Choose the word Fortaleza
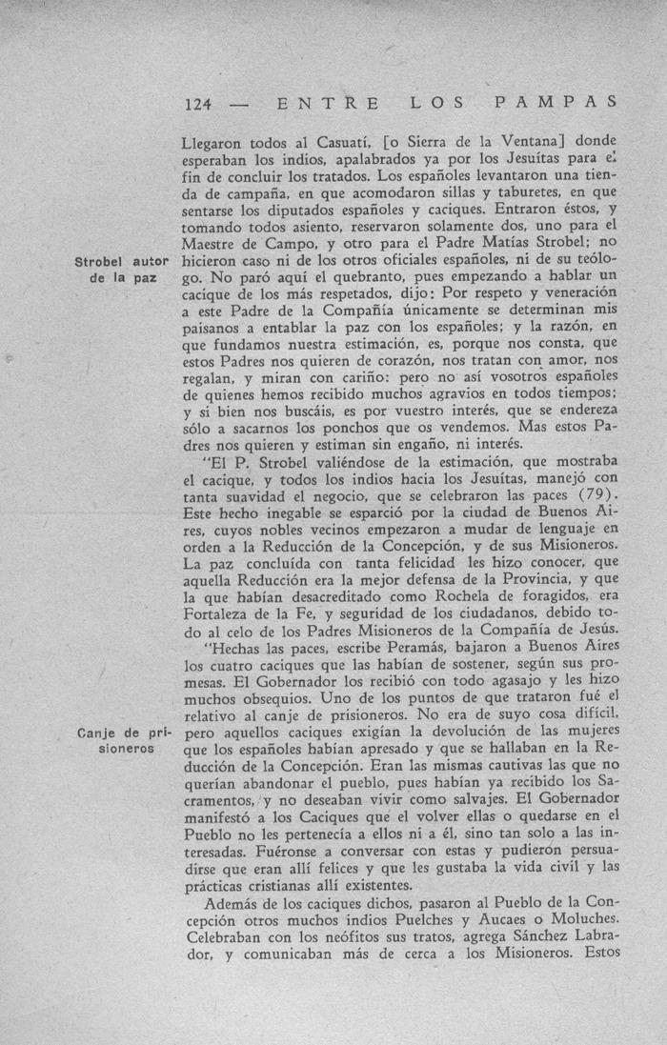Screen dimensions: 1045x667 (x=219, y=613)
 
